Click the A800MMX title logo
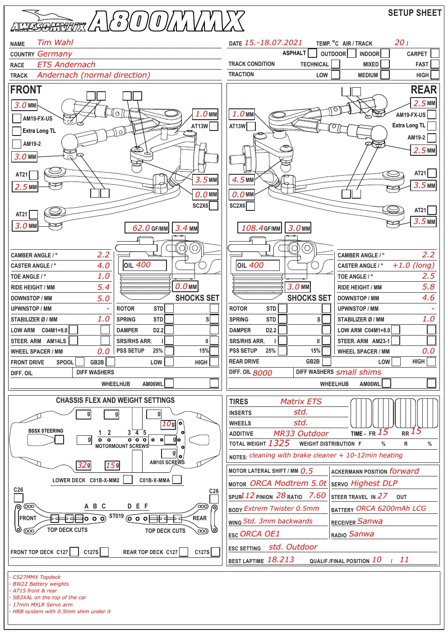click(x=166, y=21)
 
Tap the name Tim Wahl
click(x=55, y=42)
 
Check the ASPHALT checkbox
click(x=312, y=53)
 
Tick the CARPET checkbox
click(x=435, y=53)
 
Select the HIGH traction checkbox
click(x=435, y=75)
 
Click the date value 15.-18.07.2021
click(x=273, y=43)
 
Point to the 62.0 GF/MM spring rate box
click(x=147, y=228)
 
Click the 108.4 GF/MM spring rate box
click(x=259, y=228)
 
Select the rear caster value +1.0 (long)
click(x=413, y=265)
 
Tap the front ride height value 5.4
click(x=103, y=287)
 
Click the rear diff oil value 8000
click(x=263, y=373)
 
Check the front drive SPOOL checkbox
click(x=80, y=362)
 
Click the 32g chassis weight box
click(x=84, y=465)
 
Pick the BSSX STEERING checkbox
click(x=59, y=439)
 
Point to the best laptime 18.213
click(x=281, y=559)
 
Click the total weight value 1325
click(x=278, y=443)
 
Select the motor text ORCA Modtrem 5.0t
click(x=288, y=483)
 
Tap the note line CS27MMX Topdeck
click(x=35, y=577)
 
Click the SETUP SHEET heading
click(x=415, y=13)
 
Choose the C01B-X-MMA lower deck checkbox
click(x=177, y=480)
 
